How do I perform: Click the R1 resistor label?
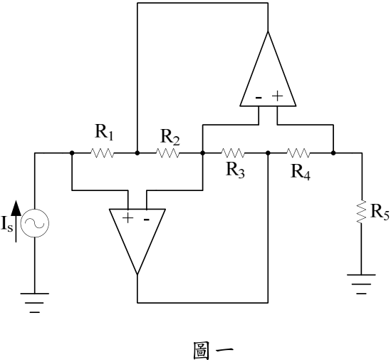point(104,133)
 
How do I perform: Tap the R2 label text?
point(170,137)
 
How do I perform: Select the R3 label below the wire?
point(236,170)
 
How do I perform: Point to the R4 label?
point(301,173)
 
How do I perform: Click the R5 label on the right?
point(380,212)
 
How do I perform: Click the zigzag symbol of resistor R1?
point(102,153)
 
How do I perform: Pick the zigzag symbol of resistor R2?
point(167,153)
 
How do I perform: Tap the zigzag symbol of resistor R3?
point(233,153)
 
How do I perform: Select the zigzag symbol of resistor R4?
point(298,153)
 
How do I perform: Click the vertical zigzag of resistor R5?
point(361,212)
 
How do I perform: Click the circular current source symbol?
point(35,223)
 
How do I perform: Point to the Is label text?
point(6,223)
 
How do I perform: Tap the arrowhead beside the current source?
point(16,207)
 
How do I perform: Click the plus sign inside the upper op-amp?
point(277,96)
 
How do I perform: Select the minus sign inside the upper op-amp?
point(259,98)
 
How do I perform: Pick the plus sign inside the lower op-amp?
point(128,218)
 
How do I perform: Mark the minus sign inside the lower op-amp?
point(147,220)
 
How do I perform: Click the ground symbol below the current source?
point(35,303)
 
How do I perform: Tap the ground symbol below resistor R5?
point(361,284)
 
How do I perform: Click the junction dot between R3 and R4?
point(268,153)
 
